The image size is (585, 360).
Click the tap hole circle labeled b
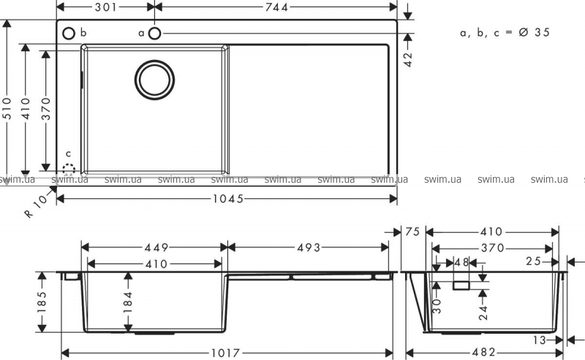[x=69, y=33]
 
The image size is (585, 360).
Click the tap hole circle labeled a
[x=154, y=33]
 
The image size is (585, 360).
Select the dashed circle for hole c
[x=69, y=170]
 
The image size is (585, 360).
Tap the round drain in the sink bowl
[x=154, y=80]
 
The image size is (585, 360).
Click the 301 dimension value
[x=105, y=7]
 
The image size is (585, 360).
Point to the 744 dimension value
[x=277, y=7]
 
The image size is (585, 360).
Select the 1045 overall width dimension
[x=228, y=199]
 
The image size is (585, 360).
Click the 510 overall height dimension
[x=7, y=109]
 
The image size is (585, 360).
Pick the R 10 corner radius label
[x=36, y=206]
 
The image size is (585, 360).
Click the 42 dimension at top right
[x=408, y=59]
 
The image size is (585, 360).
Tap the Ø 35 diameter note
[x=535, y=32]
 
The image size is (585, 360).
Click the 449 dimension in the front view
[x=156, y=247]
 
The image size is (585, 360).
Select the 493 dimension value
[x=309, y=247]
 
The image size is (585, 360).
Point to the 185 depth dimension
[x=42, y=301]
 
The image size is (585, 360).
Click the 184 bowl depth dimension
[x=128, y=299]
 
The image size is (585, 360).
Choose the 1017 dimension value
[x=226, y=353]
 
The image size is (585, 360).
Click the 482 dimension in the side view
[x=484, y=352]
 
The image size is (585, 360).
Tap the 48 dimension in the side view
[x=461, y=263]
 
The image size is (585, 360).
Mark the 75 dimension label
[x=412, y=232]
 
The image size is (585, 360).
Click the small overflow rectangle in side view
[x=461, y=285]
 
